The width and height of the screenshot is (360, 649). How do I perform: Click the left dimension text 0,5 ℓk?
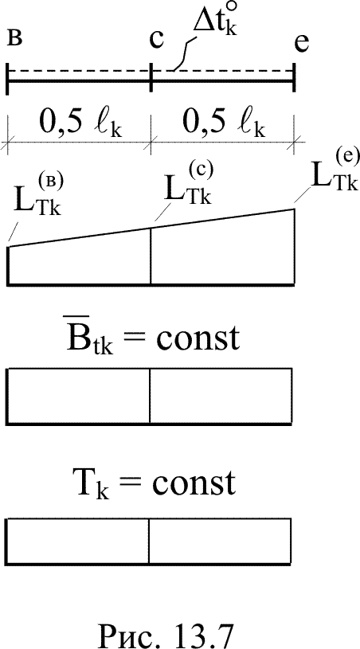(x=81, y=123)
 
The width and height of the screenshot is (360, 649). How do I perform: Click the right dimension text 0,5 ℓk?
(x=224, y=123)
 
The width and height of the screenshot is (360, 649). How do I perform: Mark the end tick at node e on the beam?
(x=294, y=79)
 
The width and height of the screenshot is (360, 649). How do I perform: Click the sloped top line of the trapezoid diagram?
(x=151, y=228)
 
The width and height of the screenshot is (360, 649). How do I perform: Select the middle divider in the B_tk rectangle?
(x=150, y=396)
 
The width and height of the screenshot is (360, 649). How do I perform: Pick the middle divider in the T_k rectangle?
(x=149, y=541)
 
